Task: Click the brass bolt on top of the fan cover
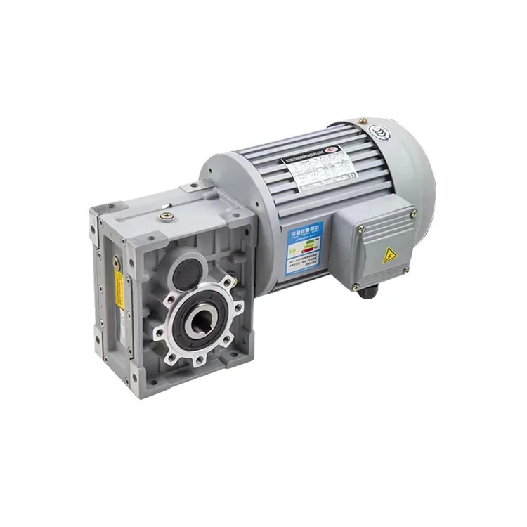[x=363, y=122]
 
